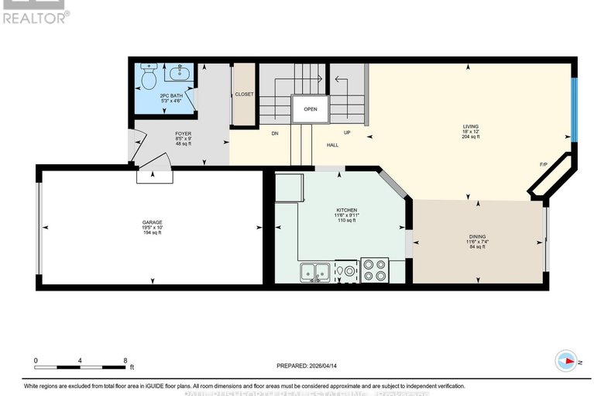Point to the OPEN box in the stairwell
[310, 109]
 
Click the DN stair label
[274, 133]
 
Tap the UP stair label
[347, 133]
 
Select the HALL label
[332, 145]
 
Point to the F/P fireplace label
[544, 164]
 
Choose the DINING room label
[478, 237]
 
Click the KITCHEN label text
[346, 211]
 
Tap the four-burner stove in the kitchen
[376, 271]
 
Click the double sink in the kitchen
[315, 272]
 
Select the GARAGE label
[152, 222]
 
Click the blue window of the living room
[574, 109]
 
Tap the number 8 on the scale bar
[125, 360]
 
